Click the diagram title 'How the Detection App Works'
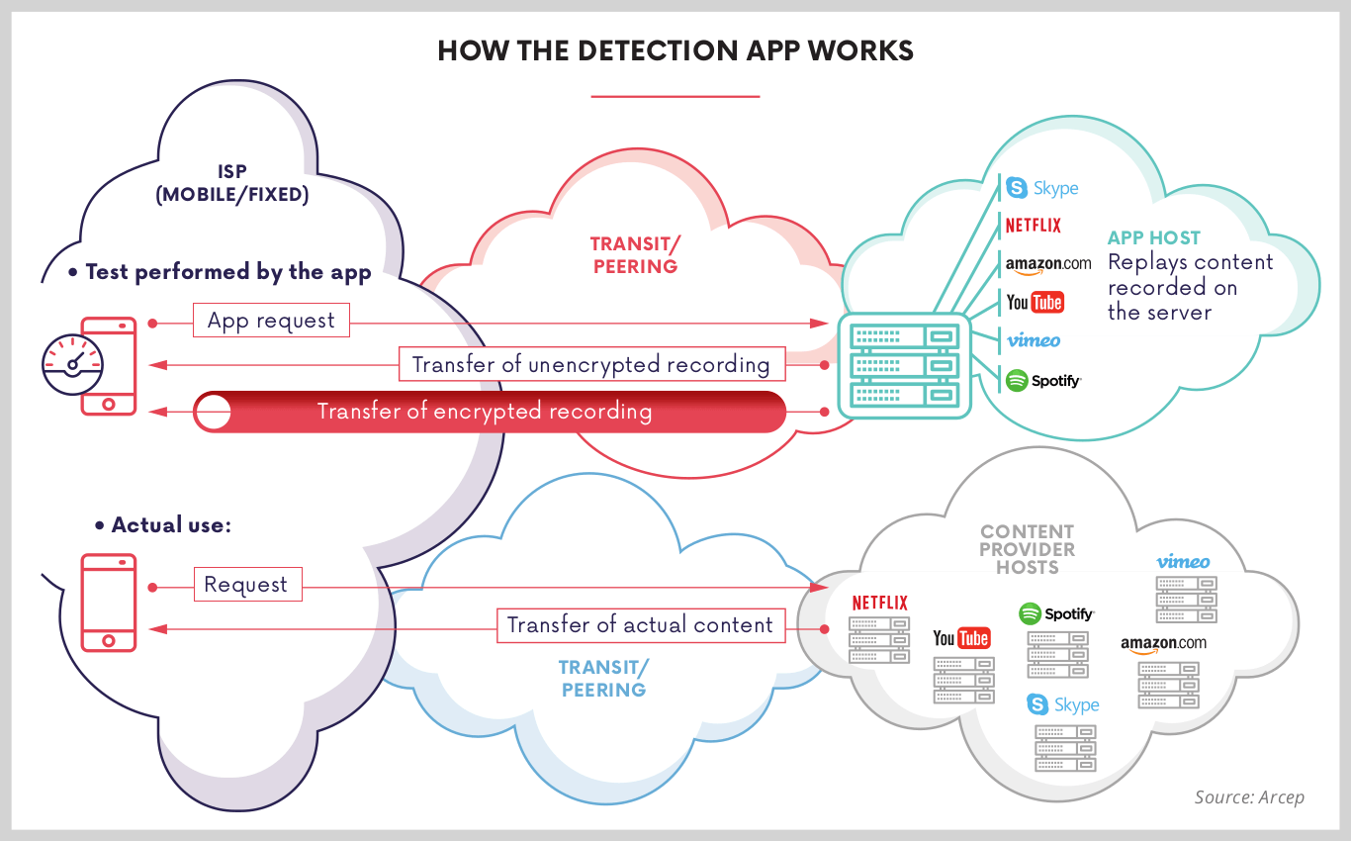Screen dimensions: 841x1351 click(675, 51)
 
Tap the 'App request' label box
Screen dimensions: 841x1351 click(271, 321)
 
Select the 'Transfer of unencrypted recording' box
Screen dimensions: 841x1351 click(590, 364)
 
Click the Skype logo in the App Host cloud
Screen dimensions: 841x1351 click(1042, 188)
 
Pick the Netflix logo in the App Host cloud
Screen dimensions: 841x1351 click(1033, 226)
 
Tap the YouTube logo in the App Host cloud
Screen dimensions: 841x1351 click(1035, 302)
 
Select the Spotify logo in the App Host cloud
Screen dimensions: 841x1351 click(1043, 380)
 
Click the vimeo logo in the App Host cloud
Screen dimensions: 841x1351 click(1034, 340)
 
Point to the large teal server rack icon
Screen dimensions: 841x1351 click(899, 364)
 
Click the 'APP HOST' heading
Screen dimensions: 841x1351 click(1153, 238)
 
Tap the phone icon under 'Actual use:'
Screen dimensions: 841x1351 click(108, 602)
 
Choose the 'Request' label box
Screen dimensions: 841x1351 click(246, 585)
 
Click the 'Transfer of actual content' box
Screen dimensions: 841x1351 click(640, 625)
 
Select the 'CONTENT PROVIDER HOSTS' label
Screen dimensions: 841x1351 click(1028, 549)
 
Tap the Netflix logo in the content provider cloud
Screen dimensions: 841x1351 click(879, 603)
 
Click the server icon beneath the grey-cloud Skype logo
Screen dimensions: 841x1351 click(1065, 748)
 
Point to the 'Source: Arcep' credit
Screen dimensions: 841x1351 click(1248, 796)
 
